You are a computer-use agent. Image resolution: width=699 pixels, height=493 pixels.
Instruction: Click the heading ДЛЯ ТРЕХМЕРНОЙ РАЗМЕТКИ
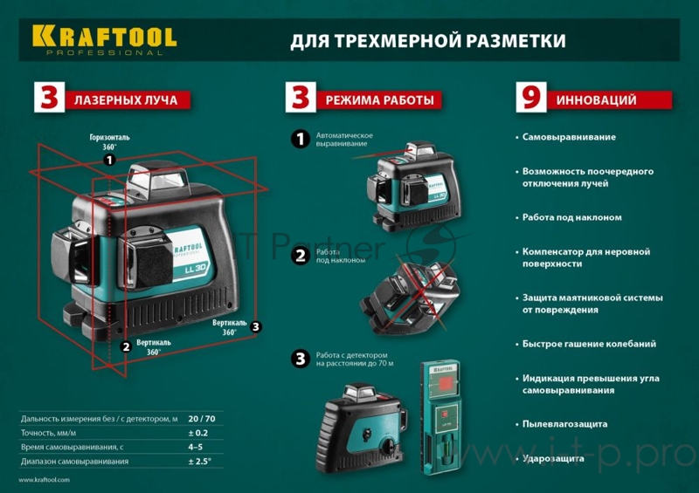point(427,41)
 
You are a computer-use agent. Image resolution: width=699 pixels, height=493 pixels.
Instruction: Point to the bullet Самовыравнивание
point(569,137)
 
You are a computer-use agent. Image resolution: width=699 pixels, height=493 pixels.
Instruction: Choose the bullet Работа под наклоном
point(571,217)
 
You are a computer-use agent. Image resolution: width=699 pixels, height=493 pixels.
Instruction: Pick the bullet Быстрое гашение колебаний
point(589,344)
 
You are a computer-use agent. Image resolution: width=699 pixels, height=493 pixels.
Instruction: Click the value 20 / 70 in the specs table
point(203,420)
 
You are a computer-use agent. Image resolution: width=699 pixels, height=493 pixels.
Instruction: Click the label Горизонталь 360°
point(109,142)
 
